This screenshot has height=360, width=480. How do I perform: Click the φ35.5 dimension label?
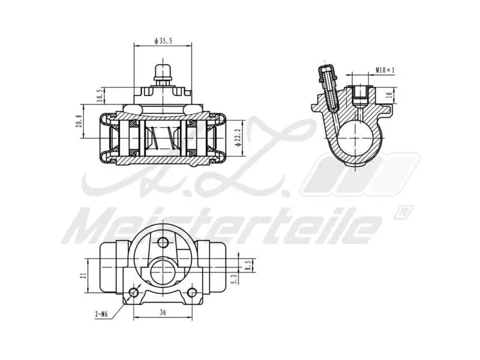click(x=163, y=41)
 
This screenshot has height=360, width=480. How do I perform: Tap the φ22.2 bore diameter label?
click(x=238, y=137)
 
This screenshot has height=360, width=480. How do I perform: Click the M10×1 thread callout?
click(x=385, y=70)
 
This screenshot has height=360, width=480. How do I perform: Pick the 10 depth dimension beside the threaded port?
click(x=388, y=94)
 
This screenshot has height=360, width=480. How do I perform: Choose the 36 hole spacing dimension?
click(x=163, y=312)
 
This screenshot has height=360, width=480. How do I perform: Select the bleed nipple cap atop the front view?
click(x=162, y=71)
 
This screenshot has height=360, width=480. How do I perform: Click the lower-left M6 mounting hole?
click(x=133, y=293)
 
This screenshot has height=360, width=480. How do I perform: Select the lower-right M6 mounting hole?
click(x=192, y=293)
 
